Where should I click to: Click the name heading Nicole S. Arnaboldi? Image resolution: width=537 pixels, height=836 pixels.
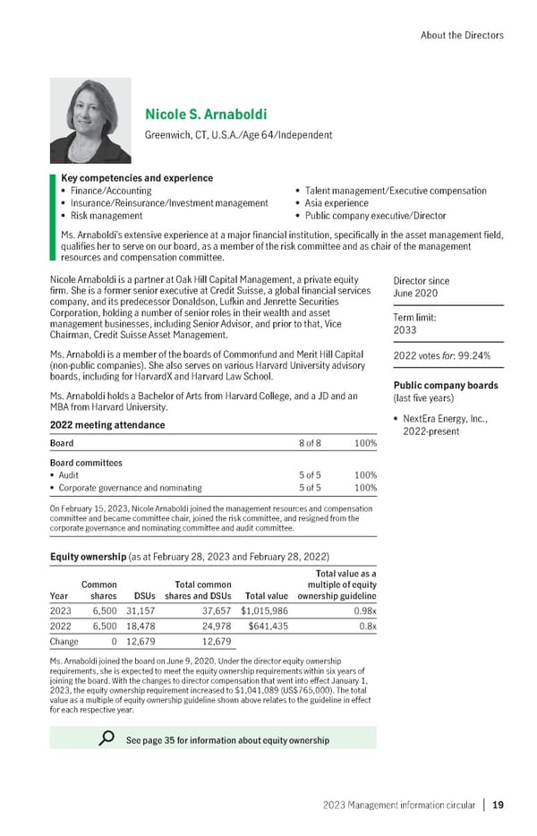(205, 115)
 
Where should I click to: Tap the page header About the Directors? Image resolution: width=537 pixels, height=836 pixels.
(461, 35)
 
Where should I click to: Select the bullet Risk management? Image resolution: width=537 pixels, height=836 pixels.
(101, 216)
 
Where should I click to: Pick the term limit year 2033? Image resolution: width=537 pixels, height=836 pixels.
(406, 328)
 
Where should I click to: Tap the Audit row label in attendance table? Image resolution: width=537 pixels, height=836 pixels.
(71, 475)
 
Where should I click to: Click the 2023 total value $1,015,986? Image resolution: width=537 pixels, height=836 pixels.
(264, 613)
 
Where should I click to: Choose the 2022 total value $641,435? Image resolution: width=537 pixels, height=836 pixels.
(268, 627)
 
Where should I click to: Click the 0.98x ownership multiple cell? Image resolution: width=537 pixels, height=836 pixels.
(362, 613)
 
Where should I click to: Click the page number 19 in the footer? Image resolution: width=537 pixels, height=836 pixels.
(498, 806)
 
